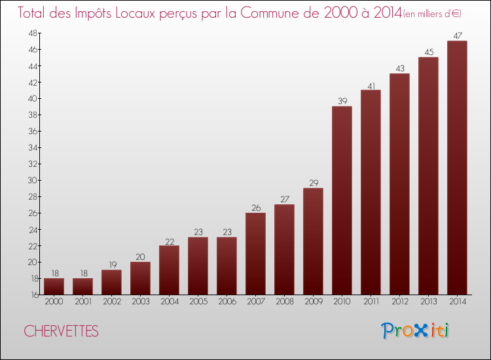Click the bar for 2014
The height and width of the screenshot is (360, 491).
457,168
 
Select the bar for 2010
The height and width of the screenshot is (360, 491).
342,200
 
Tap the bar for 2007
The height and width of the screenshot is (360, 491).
255,253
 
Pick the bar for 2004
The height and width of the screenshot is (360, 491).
169,270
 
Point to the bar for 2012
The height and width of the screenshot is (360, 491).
399,184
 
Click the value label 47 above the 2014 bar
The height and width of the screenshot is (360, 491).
457,36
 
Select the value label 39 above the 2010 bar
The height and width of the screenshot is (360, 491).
342,101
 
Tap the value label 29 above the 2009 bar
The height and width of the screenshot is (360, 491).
313,183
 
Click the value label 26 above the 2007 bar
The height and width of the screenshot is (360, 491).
255,208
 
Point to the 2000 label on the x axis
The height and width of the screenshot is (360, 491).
54,302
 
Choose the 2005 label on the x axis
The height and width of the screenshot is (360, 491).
198,302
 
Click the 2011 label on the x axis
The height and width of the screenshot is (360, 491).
371,302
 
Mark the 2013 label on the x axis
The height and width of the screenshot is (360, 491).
428,302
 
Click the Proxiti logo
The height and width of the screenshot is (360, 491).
414,331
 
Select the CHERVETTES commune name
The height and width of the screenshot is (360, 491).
62,332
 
